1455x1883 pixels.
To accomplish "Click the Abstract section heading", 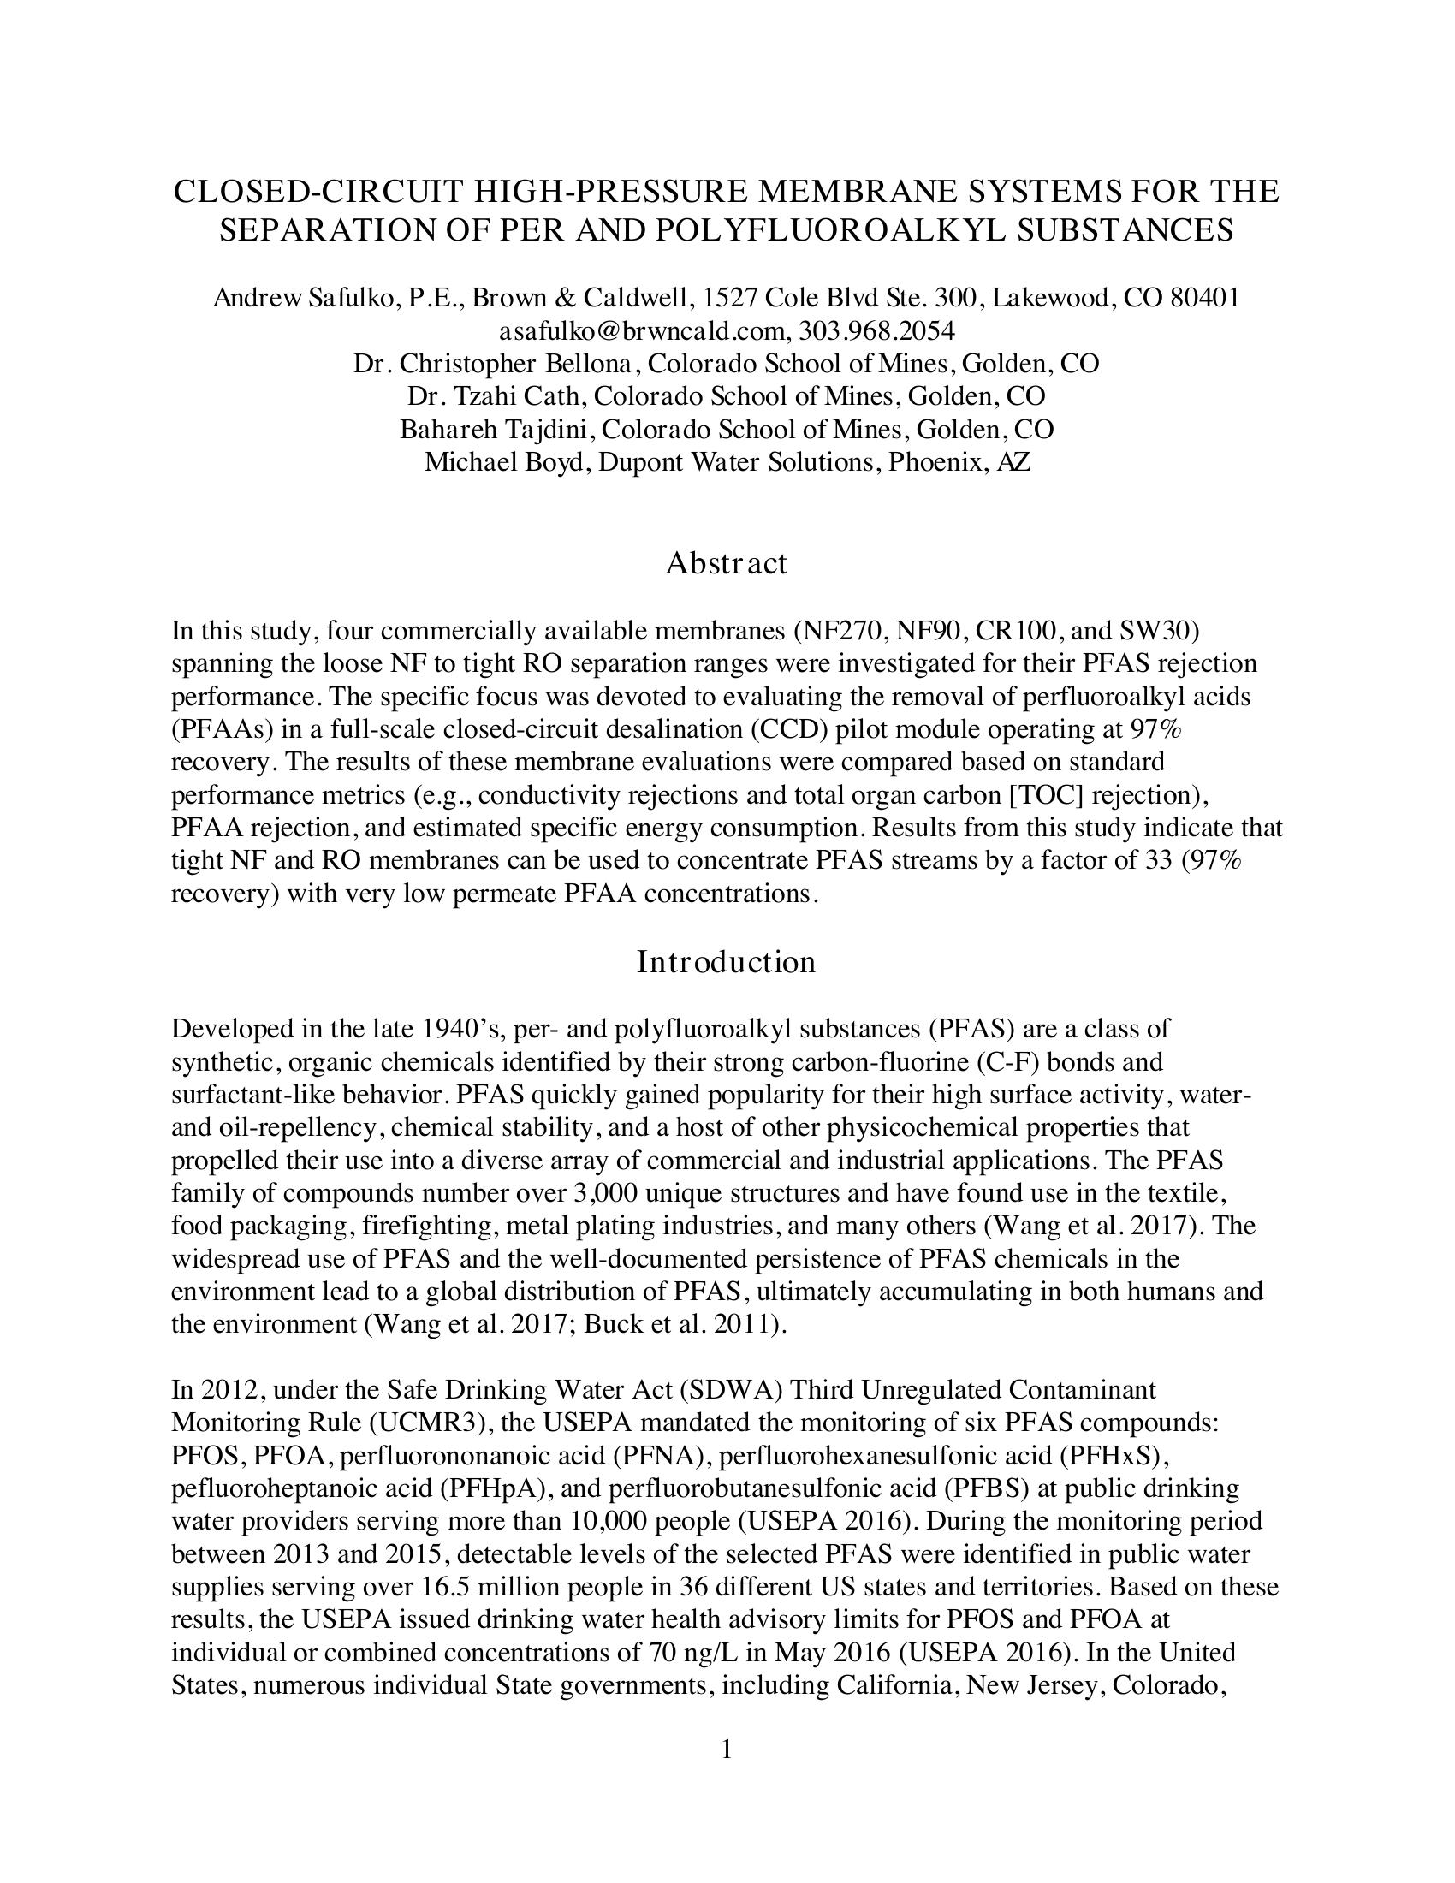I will tap(726, 564).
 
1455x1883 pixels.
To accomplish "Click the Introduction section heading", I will tap(726, 962).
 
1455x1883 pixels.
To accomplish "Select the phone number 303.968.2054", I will tap(876, 331).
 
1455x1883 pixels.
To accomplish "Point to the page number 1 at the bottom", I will tap(726, 1749).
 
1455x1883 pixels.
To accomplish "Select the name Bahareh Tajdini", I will tap(497, 430).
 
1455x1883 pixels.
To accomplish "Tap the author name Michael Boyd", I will tap(505, 462).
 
